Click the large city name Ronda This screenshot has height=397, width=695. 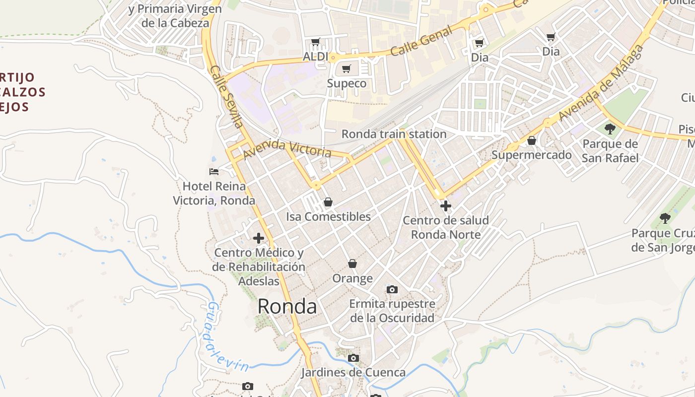pyautogui.click(x=287, y=306)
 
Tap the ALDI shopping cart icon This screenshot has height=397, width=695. pyautogui.click(x=315, y=42)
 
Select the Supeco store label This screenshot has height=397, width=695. pyautogui.click(x=347, y=83)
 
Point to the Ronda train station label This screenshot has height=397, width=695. pyautogui.click(x=394, y=134)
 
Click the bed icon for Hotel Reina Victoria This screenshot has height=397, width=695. pyautogui.click(x=214, y=172)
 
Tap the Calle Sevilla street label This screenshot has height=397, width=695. pyautogui.click(x=226, y=97)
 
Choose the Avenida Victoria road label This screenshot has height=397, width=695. pyautogui.click(x=287, y=147)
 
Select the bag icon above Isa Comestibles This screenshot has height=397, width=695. pyautogui.click(x=328, y=202)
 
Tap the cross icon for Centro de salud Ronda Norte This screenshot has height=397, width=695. pyautogui.click(x=445, y=205)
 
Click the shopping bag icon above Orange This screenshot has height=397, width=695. pyautogui.click(x=352, y=263)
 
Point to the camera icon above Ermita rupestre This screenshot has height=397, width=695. pyautogui.click(x=392, y=289)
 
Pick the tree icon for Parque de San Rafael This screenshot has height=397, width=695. pyautogui.click(x=610, y=129)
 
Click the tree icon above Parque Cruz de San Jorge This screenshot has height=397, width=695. pyautogui.click(x=665, y=218)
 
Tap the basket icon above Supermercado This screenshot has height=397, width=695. pyautogui.click(x=531, y=140)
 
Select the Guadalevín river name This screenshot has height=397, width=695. pyautogui.click(x=227, y=338)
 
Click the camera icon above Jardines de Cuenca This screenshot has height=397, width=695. pyautogui.click(x=353, y=358)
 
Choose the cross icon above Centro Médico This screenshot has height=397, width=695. pyautogui.click(x=258, y=238)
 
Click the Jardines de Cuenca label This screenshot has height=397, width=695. pyautogui.click(x=353, y=372)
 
